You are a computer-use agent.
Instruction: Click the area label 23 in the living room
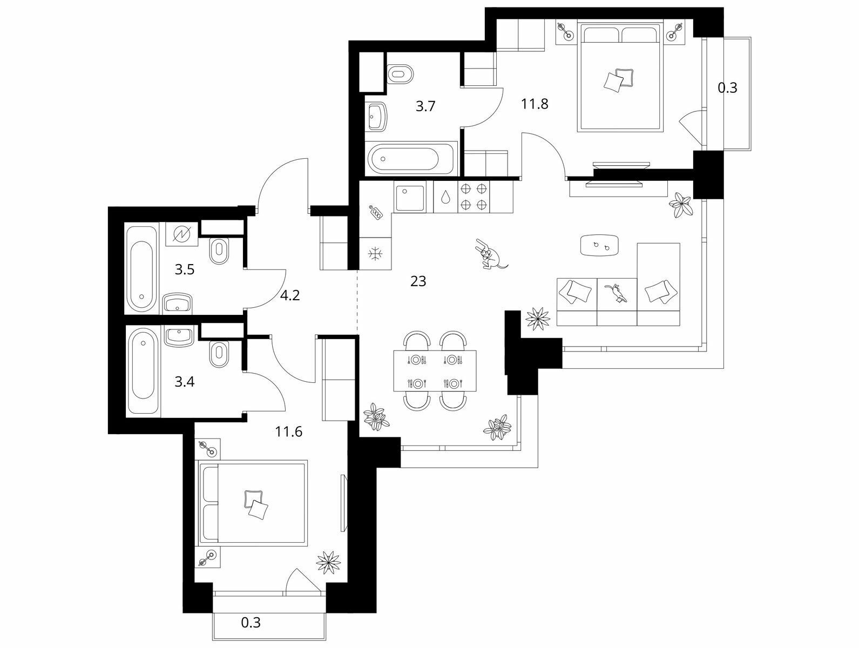(x=418, y=281)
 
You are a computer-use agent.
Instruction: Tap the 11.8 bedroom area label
(x=534, y=104)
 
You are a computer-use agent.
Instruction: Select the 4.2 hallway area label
(x=290, y=295)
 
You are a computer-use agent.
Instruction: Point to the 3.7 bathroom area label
(x=425, y=106)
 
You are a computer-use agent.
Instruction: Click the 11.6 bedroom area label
(x=289, y=432)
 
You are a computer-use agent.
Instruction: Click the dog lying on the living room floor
(x=490, y=254)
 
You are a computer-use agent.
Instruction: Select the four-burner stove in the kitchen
(x=474, y=197)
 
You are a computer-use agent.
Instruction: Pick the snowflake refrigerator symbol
(x=375, y=254)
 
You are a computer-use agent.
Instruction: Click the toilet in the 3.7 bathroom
(x=400, y=74)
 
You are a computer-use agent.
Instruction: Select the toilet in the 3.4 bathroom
(x=219, y=354)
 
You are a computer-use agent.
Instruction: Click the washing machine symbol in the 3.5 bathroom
(x=181, y=234)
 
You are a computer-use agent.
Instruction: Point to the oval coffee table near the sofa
(x=599, y=245)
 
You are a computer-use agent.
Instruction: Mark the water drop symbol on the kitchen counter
(x=445, y=197)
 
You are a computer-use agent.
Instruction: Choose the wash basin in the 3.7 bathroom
(x=377, y=116)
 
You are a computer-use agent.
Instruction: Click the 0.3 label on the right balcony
(x=727, y=87)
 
